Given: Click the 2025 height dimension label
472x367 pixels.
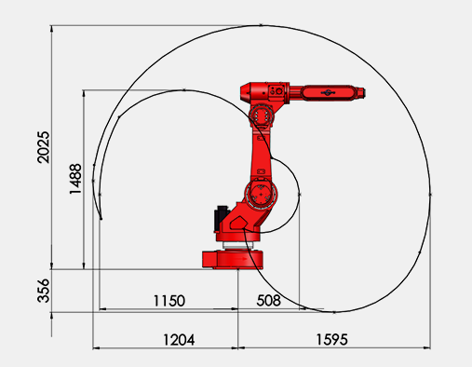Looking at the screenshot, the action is (x=43, y=147).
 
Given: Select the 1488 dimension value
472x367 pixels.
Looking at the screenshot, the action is (x=75, y=179).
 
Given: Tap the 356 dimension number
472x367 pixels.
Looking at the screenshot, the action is (x=43, y=291).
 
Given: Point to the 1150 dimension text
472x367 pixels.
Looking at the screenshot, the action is (x=169, y=301).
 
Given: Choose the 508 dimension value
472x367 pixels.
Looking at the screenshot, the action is (x=269, y=301).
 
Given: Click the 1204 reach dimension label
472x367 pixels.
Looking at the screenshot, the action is (x=179, y=340).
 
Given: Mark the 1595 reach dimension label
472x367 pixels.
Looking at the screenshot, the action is (x=331, y=339).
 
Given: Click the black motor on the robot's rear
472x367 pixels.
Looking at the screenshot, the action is (x=221, y=218).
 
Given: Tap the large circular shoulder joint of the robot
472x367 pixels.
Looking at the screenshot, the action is (x=261, y=195).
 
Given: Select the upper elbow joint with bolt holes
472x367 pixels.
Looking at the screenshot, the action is (x=262, y=116).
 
